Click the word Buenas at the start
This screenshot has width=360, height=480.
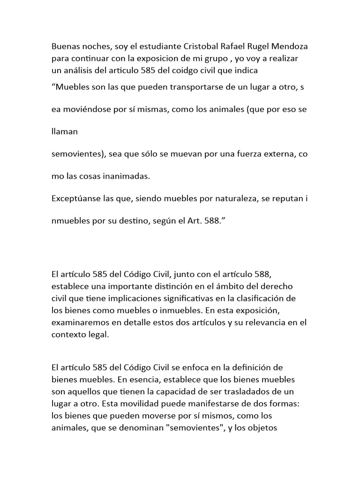(65, 47)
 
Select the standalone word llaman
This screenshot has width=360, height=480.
(65, 132)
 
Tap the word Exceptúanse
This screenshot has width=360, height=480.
(75, 198)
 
